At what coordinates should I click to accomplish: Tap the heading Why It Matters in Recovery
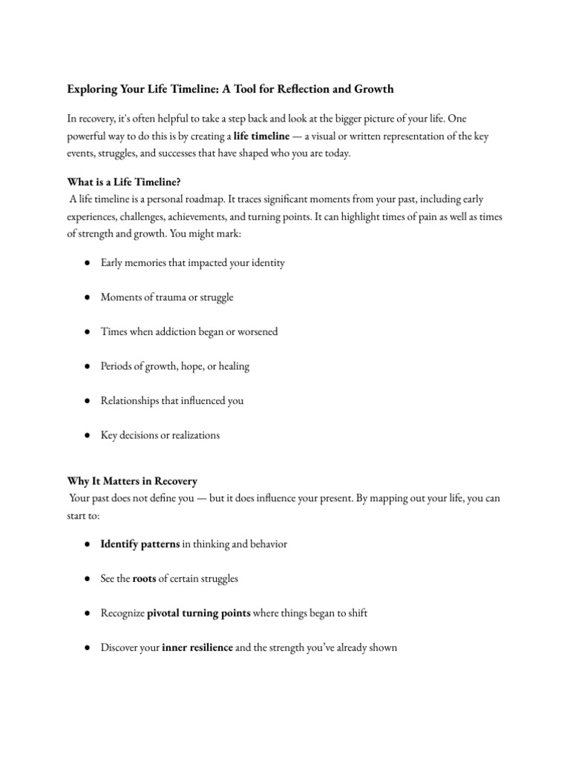(133, 481)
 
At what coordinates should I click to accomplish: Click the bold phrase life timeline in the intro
(261, 136)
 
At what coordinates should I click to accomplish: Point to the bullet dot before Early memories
(88, 263)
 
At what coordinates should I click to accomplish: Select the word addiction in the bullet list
(179, 331)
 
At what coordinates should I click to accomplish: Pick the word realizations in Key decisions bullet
(192, 435)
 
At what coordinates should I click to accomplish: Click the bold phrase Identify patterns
(140, 544)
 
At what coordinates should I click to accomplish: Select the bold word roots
(144, 579)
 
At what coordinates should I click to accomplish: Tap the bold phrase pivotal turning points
(200, 613)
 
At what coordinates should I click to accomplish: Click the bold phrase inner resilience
(197, 648)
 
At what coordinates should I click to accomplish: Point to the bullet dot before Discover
(88, 648)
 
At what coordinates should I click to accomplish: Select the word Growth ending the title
(374, 90)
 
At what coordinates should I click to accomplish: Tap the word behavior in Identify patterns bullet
(265, 544)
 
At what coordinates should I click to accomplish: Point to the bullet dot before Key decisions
(88, 435)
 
